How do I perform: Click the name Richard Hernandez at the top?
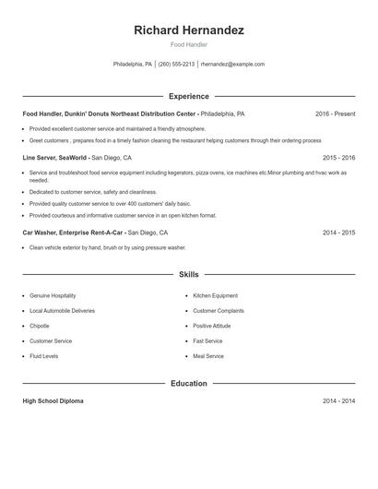(189, 30)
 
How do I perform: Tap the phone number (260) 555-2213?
(176, 65)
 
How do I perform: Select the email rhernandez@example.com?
(232, 65)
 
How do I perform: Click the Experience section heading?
(189, 96)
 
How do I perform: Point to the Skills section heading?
(189, 274)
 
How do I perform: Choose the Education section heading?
(189, 383)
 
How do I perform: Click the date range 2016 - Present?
(336, 113)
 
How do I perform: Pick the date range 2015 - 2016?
(338, 158)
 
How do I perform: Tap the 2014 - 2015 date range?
(338, 233)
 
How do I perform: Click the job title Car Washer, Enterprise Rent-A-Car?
(72, 233)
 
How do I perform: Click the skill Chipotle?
(40, 326)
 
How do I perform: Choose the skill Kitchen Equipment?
(215, 295)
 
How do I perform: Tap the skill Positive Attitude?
(213, 326)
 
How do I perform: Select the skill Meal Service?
(208, 355)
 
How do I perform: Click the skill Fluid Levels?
(44, 355)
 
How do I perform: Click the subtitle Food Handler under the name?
(189, 44)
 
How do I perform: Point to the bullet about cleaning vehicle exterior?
(107, 247)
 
